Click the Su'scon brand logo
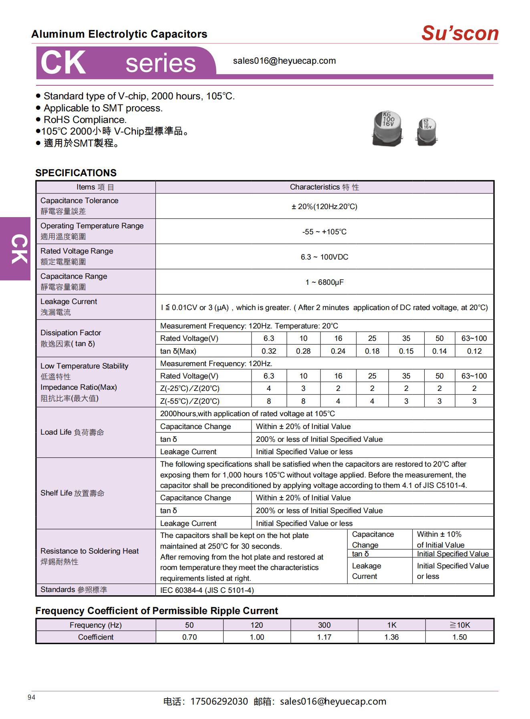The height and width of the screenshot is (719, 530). point(459,33)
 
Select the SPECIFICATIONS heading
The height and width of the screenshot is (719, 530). point(76,173)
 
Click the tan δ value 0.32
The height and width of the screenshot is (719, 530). point(269,351)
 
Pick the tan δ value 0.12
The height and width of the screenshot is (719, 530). point(474,351)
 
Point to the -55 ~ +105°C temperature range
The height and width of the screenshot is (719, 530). point(324,232)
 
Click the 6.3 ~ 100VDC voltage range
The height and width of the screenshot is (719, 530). point(324,257)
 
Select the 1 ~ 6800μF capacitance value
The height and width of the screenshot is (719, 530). point(324,282)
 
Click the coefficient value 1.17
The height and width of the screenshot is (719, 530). point(324,637)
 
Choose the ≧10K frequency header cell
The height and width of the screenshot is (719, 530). point(459,625)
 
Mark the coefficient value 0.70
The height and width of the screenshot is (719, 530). point(189,637)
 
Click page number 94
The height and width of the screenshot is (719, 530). point(32,697)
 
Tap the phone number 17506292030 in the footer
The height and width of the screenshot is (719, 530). point(219,701)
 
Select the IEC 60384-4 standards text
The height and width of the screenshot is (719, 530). point(207,590)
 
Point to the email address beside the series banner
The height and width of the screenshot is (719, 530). point(284,61)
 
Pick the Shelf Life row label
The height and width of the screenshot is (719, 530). point(72,493)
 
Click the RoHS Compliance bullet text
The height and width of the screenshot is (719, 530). point(85,120)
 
